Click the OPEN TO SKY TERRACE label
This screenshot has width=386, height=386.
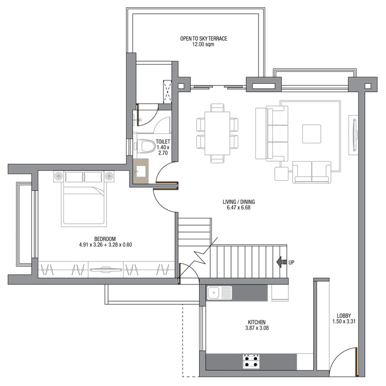tap(203, 39)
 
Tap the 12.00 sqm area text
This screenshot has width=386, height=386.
tap(203, 44)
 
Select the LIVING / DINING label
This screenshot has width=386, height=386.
tap(239, 202)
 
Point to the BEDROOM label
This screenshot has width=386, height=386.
tap(105, 239)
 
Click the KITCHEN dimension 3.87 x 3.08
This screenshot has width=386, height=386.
tap(257, 328)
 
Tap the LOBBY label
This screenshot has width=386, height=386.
tap(344, 315)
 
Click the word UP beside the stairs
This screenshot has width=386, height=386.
tap(291, 262)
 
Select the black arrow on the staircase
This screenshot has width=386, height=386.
tap(281, 262)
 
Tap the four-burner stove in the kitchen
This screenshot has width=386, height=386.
tap(251, 361)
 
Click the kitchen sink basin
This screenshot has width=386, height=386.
tap(214, 293)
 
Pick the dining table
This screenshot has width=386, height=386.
tap(217, 133)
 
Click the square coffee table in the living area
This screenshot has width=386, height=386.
tap(312, 133)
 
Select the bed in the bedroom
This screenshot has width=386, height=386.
tap(84, 199)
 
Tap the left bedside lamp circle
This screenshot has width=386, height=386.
tap(58, 176)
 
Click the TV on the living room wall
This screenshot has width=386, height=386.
tap(355, 135)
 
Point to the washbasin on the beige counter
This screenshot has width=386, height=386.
tap(141, 171)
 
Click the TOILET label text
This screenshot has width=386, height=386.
tap(163, 142)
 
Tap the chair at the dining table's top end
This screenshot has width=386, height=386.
tap(217, 108)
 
